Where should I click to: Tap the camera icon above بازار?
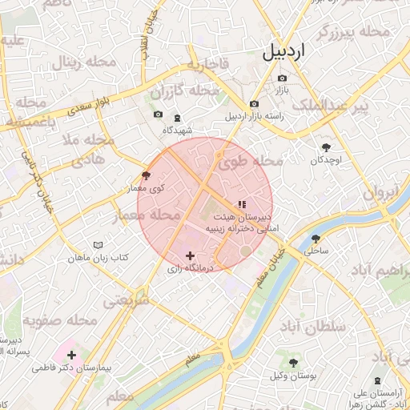tap(282, 78)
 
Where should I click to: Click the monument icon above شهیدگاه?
tap(177, 117)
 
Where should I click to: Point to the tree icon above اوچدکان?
tap(326, 147)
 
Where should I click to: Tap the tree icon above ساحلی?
tap(316, 238)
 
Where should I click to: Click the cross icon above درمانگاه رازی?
tap(190, 256)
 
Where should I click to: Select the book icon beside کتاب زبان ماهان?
tap(98, 244)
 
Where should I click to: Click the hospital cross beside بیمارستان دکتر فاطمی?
tap(72, 354)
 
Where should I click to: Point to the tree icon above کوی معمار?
tap(145, 175)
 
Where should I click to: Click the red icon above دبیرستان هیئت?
tap(242, 204)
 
